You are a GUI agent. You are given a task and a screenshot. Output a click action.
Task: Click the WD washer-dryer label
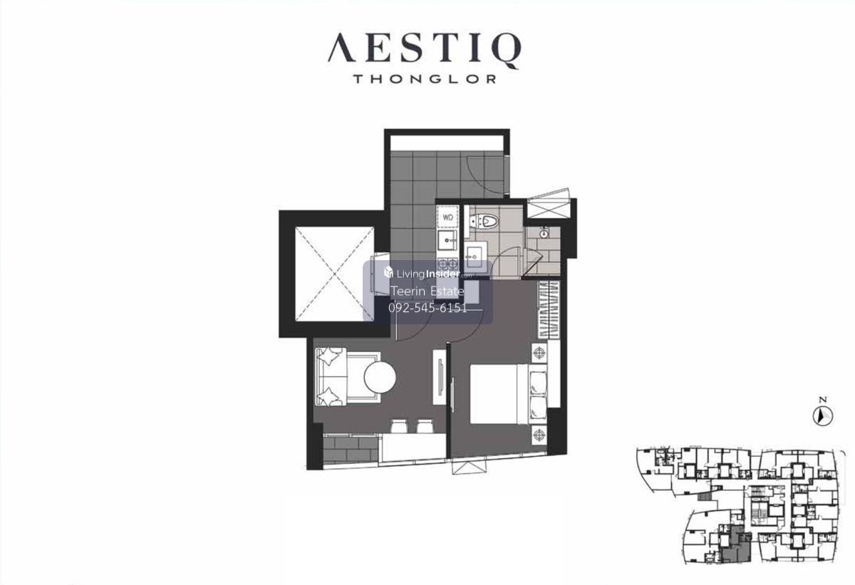pos(447,217)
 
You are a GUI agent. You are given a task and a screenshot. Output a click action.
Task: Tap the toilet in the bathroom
pos(484,222)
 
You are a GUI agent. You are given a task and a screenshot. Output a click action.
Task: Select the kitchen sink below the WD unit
pos(447,240)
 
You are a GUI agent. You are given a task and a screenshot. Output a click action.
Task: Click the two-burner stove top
pos(447,264)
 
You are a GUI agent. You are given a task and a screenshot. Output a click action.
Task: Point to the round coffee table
pos(380,378)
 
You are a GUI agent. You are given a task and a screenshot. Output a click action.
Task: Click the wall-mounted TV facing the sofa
pos(440,377)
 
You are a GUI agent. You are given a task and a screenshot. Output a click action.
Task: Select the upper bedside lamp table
pos(539,353)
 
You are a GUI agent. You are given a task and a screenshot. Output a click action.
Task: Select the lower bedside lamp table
pos(539,434)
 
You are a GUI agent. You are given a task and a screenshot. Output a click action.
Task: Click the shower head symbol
pos(544,232)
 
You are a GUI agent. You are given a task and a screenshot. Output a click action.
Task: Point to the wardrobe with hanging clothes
pos(549,309)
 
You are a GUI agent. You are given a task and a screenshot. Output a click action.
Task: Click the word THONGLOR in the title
pos(425,79)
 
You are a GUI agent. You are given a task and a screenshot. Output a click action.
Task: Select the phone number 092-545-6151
pos(427,308)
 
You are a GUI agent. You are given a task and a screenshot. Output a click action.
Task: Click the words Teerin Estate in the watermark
pos(427,291)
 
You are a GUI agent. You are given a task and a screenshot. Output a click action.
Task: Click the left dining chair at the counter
pos(399,426)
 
